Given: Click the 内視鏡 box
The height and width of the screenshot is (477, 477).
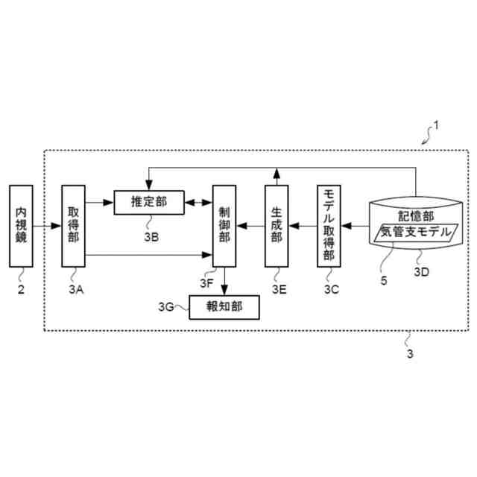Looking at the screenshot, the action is pos(22,225).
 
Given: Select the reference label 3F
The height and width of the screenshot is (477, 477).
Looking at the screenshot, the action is pos(207,283).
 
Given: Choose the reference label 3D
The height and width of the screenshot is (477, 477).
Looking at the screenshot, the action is pos(422,271).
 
